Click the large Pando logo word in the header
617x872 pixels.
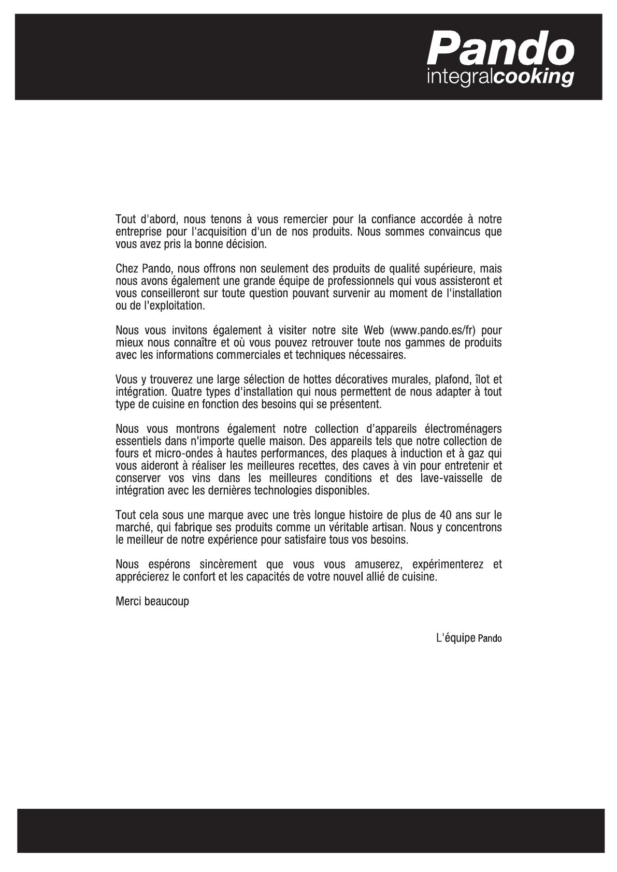pyautogui.click(x=500, y=48)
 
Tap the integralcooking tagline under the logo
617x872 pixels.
pyautogui.click(x=500, y=78)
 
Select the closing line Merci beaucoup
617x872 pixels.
pyautogui.click(x=152, y=601)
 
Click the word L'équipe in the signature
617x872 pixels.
pyautogui.click(x=455, y=638)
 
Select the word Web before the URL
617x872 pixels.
pyautogui.click(x=374, y=330)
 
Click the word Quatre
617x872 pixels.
pyautogui.click(x=186, y=392)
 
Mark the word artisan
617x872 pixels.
pyautogui.click(x=392, y=528)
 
